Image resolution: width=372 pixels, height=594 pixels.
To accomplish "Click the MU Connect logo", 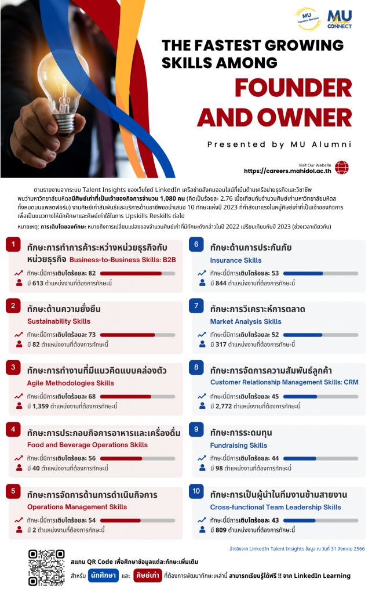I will [x=340, y=20].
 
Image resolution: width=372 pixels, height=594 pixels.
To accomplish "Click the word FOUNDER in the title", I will [x=293, y=88].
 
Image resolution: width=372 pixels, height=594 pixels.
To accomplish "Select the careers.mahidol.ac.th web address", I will [x=287, y=171].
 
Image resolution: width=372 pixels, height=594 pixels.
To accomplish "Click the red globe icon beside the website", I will [x=342, y=168].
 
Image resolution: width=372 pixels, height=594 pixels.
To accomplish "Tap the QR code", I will [x=46, y=567].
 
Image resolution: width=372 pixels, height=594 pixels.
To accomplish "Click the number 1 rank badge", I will [x=13, y=245].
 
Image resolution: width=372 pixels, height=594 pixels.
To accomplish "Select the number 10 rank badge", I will [x=196, y=492].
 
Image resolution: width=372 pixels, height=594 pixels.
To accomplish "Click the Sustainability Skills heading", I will [x=59, y=321].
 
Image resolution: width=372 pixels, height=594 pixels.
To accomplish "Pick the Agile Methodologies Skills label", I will [x=71, y=383].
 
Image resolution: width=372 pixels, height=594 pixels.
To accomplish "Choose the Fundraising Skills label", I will [x=238, y=445].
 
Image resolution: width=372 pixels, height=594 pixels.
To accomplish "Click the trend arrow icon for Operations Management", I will [x=19, y=520].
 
